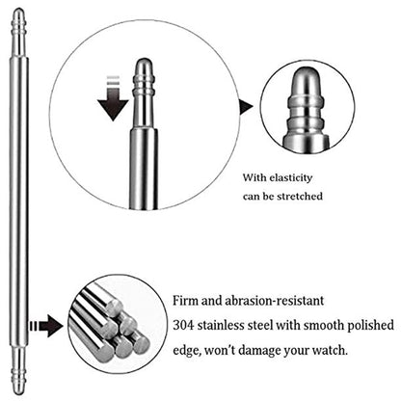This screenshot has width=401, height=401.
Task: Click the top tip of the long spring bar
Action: tap(19, 10)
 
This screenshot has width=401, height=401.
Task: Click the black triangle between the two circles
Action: tap(246, 107)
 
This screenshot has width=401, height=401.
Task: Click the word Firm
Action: tap(186, 301)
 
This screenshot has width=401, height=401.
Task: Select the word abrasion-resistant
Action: tap(274, 301)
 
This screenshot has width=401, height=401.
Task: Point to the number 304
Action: tap(183, 325)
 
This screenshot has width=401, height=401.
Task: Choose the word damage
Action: tap(259, 350)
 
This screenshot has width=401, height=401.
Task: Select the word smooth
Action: tap(324, 325)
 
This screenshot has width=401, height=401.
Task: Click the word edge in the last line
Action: tap(187, 351)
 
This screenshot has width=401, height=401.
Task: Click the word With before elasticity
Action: tap(254, 177)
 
